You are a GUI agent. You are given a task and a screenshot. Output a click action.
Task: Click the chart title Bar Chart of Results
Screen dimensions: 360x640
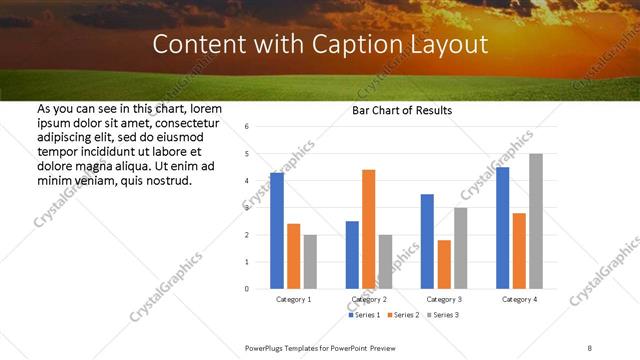401,110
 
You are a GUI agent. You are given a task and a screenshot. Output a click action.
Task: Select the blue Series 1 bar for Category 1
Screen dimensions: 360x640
277,230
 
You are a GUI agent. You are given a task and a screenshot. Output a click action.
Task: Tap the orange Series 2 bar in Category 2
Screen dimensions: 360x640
368,229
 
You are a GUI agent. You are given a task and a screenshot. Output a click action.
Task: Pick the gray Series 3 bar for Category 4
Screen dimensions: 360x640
536,221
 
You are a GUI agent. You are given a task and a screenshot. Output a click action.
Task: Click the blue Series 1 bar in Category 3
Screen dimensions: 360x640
427,241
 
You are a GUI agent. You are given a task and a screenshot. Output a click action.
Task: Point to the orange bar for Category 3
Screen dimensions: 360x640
444,264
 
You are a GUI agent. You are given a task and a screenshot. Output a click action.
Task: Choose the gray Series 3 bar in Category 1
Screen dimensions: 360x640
311,261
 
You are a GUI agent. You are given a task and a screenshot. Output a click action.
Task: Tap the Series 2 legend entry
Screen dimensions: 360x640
403,315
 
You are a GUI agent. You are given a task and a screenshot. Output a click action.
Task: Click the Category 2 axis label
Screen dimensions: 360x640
369,299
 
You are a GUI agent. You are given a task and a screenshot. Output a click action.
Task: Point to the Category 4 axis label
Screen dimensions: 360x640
519,299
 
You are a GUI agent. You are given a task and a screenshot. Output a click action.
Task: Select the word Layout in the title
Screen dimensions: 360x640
453,45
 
